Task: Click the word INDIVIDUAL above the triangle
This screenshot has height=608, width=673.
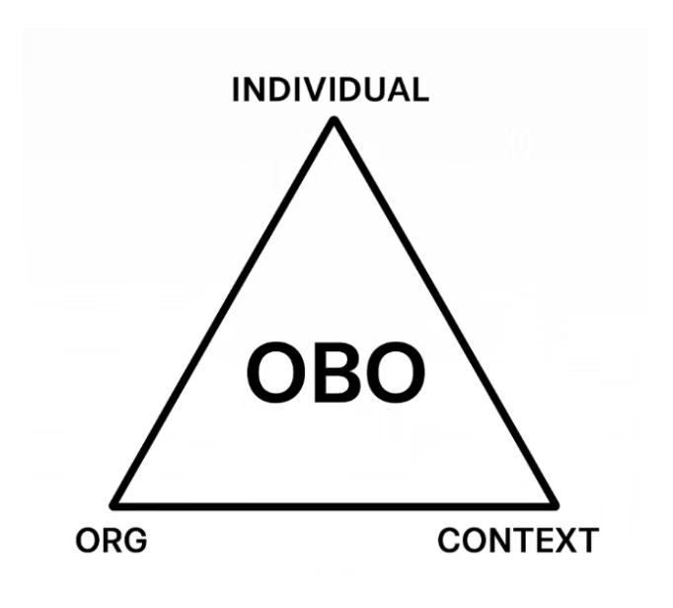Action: tap(330, 91)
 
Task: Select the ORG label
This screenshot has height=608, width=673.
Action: tap(111, 541)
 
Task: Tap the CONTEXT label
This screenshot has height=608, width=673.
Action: tap(517, 541)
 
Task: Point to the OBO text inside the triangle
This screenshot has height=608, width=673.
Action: tap(336, 373)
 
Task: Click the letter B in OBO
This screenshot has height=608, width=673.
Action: tap(336, 373)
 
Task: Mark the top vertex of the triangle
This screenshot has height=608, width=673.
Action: tap(335, 121)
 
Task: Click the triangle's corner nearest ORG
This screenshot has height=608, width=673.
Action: tap(116, 503)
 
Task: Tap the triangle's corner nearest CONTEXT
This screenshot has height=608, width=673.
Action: tap(554, 503)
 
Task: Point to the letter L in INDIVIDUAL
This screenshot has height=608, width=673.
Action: tap(419, 91)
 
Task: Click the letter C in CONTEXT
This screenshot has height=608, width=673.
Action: tap(449, 541)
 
